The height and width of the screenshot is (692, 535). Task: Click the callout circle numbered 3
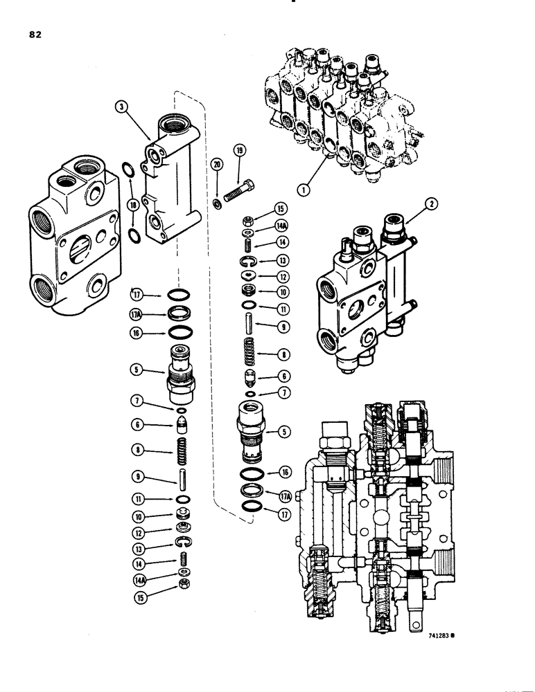coord(122,108)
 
